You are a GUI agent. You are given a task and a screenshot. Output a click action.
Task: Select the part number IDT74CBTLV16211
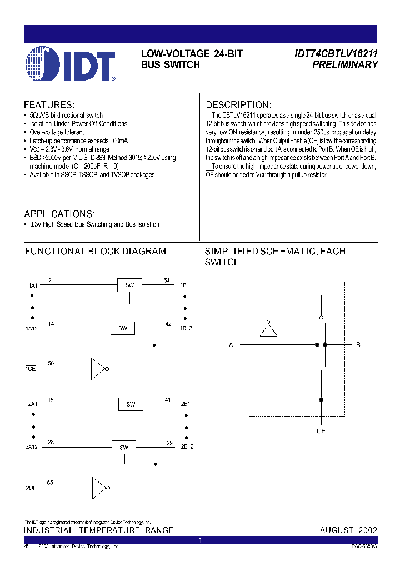pos(336,54)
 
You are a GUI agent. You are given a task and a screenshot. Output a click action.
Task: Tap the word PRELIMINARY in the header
pos(345,65)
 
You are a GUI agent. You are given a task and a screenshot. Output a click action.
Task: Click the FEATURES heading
pos(49,105)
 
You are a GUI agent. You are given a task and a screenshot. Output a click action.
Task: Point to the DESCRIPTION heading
pos(239,105)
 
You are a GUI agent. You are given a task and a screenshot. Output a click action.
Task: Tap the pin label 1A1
pos(33,285)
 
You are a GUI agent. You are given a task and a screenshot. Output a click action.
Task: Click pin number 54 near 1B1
pos(167,280)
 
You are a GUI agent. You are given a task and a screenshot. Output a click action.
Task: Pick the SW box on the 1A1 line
pos(129,285)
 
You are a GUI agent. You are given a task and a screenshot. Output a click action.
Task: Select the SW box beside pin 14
pos(123,328)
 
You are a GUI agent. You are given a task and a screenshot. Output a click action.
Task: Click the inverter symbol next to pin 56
pos(99,368)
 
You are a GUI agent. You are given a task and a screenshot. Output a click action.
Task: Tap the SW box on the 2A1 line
pos(131,404)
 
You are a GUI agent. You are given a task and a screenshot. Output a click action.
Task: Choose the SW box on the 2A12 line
pos(124,448)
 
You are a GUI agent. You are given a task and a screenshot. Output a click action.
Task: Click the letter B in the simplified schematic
pos(358,345)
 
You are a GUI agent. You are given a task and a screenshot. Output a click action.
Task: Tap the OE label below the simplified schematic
pos(321,431)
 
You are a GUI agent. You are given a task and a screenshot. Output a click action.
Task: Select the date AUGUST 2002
pos(348,530)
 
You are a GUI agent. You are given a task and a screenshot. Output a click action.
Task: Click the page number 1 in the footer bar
pos(201,540)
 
